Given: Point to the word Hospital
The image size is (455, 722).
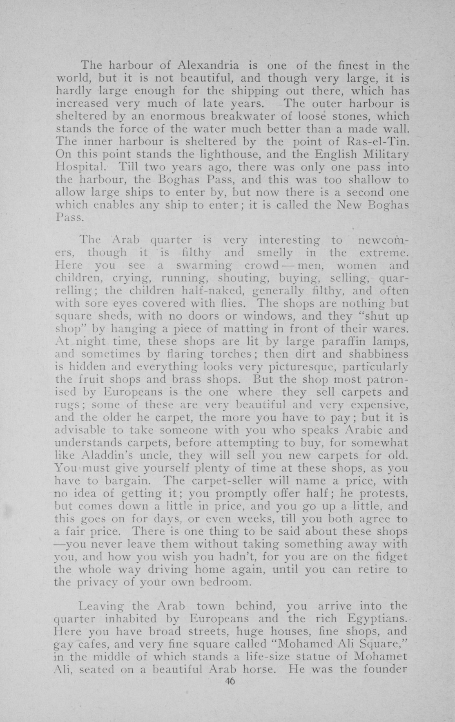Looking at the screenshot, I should pyautogui.click(x=81, y=168).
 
